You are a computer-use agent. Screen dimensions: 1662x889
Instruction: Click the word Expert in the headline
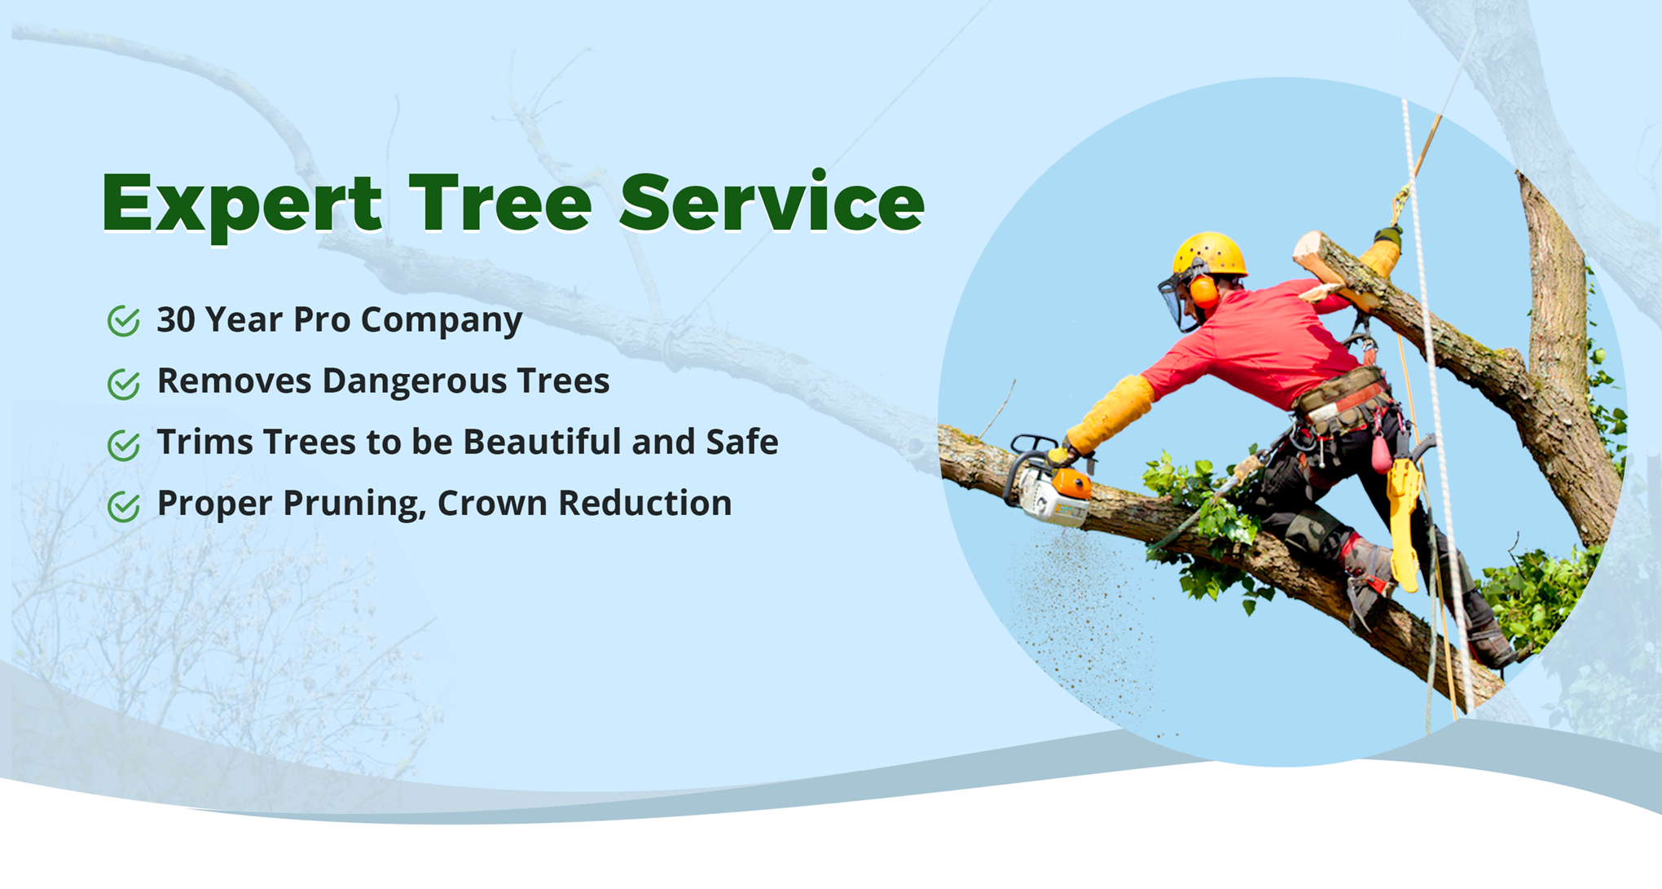[242, 205]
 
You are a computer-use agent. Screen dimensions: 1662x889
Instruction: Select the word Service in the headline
[772, 201]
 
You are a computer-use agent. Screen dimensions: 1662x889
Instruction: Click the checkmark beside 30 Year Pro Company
[124, 320]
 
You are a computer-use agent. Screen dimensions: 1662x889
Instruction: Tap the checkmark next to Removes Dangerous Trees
[124, 382]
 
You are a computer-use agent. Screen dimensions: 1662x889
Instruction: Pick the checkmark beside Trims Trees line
[124, 444]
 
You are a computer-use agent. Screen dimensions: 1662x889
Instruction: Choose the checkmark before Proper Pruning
[124, 505]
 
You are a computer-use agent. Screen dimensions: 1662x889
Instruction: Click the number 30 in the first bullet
[176, 319]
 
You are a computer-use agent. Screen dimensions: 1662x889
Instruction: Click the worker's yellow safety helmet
[1210, 254]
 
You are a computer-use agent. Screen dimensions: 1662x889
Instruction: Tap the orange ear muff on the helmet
[1203, 291]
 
